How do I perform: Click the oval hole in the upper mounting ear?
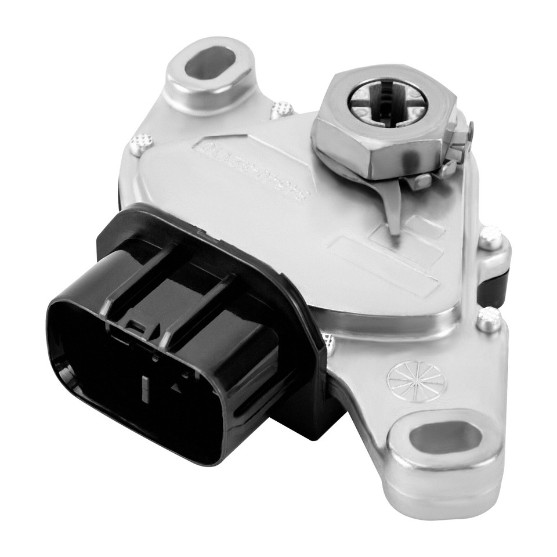coord(209,63)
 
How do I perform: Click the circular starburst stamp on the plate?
coord(416,382)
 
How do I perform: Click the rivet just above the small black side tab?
coord(490,237)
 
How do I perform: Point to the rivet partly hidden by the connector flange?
coord(330,343)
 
